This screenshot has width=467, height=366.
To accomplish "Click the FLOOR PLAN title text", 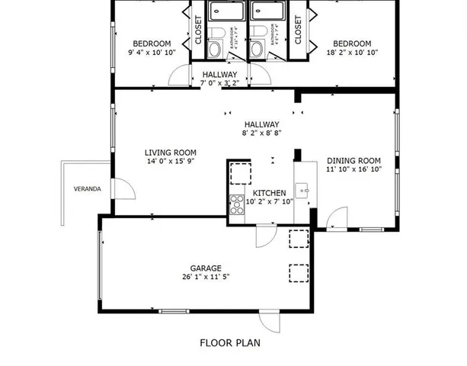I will pos(229,343).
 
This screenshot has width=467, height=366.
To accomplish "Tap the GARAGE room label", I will pos(206,268).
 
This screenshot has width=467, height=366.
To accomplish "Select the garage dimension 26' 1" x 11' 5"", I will pos(206,278).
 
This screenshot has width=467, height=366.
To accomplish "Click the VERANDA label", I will pos(87,188).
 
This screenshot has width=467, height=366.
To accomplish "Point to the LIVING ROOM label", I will pos(171,152).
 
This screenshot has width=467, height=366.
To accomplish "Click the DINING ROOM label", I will pos(353,161).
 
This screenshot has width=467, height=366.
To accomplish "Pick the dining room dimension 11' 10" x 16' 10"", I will pos(353,170).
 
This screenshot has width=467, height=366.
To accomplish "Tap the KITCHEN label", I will pos(270,194).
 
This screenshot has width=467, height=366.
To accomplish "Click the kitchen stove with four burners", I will pos(235,204).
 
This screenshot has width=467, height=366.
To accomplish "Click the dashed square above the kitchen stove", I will pos(240,173).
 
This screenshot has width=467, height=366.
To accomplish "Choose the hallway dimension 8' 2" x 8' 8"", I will pos(261,133).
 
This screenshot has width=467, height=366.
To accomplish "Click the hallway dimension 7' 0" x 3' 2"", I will pos(220,83).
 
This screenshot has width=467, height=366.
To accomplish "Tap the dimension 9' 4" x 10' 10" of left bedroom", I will pos(152,53).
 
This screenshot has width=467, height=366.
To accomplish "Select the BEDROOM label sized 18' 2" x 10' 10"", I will pos(352,44).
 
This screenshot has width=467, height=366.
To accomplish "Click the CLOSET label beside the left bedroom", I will pos(197,31).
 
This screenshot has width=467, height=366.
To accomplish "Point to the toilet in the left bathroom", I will pos(216,48).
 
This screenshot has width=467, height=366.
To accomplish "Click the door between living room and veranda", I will pos(121,190).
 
